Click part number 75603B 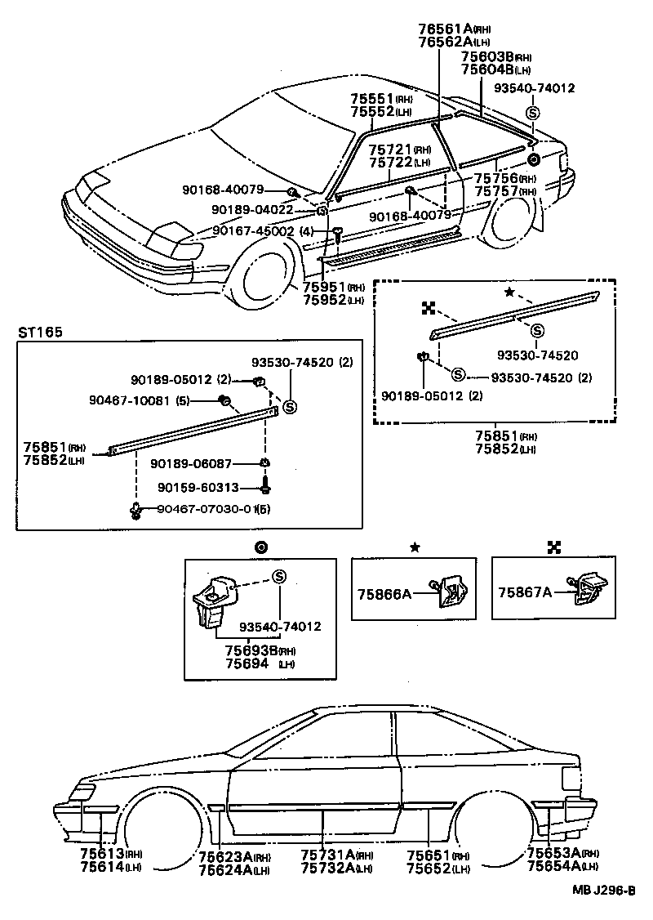tap(487, 57)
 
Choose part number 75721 tap(389, 150)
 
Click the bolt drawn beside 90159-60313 tap(266, 488)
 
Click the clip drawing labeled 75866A tap(449, 592)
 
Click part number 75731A tap(327, 855)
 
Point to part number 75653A tap(554, 853)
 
